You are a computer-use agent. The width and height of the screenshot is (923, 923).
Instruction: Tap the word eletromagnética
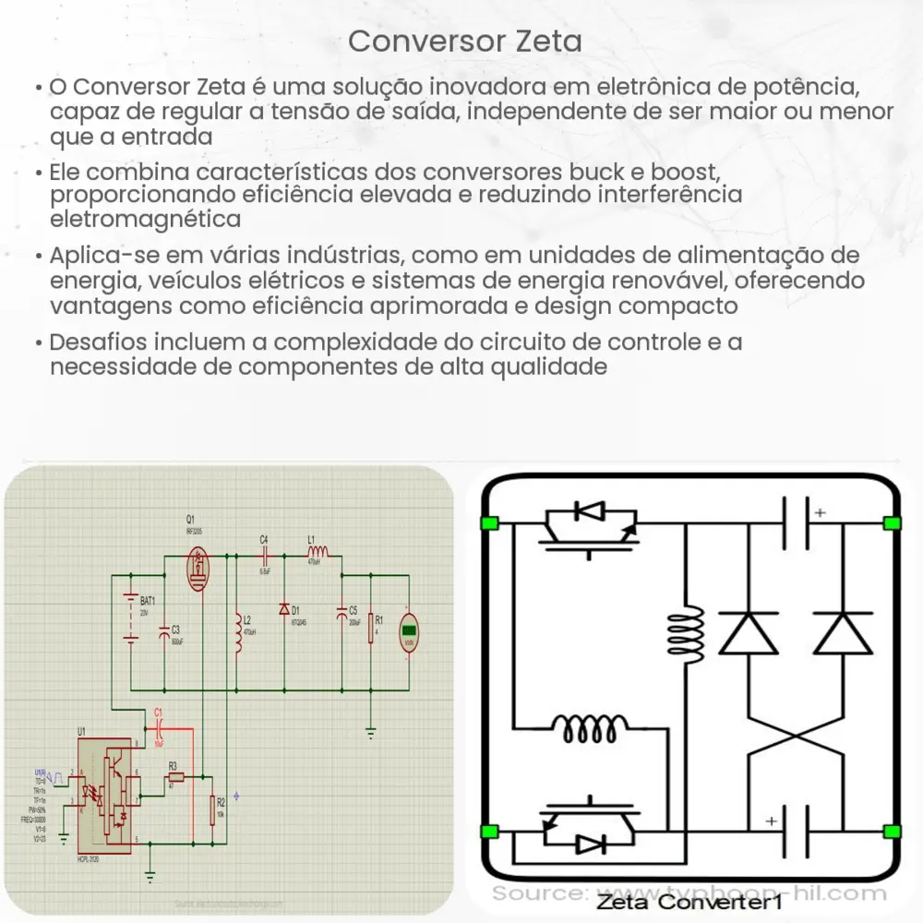tap(147, 219)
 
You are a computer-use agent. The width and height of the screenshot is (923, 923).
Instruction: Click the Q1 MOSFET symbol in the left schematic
tap(198, 569)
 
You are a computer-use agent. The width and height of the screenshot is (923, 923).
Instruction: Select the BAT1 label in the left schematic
tap(148, 600)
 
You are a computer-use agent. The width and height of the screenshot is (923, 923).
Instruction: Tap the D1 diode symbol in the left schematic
tap(284, 610)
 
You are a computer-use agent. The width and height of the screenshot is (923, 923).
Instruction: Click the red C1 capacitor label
tap(158, 711)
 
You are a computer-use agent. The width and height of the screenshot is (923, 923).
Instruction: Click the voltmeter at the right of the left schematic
tap(409, 632)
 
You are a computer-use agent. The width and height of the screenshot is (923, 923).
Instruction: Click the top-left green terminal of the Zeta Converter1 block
tap(489, 524)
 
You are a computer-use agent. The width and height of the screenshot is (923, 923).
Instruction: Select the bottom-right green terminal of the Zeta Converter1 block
tap(891, 831)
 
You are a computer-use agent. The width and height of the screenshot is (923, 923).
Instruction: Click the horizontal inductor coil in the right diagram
tap(591, 729)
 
